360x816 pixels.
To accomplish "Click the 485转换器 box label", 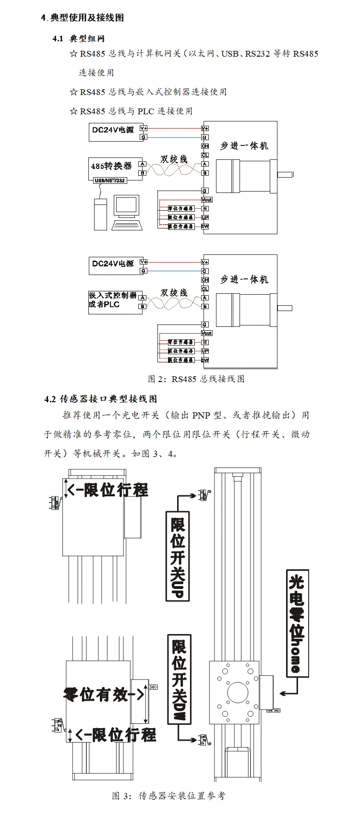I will [x=111, y=166].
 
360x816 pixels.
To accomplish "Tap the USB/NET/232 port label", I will [x=110, y=180].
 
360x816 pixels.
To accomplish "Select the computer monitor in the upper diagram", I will [x=127, y=207].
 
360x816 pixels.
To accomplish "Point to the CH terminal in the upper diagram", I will [x=205, y=146].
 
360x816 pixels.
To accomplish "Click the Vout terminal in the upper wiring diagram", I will [x=206, y=200].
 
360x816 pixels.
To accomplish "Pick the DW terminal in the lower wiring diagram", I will [x=205, y=360].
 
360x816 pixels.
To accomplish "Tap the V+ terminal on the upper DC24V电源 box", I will [x=144, y=128].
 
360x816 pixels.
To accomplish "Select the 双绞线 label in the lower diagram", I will [x=174, y=293].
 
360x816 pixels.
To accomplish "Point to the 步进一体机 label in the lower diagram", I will [x=244, y=279].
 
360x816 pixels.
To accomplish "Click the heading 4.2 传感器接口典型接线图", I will [x=101, y=399].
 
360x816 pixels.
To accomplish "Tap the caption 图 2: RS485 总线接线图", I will [x=196, y=379].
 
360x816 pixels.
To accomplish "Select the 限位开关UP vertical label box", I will [x=178, y=556].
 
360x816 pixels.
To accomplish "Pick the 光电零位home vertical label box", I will [x=297, y=624].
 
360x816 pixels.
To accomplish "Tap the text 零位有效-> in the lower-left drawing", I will [x=104, y=694].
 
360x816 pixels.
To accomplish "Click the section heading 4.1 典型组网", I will [x=79, y=38].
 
